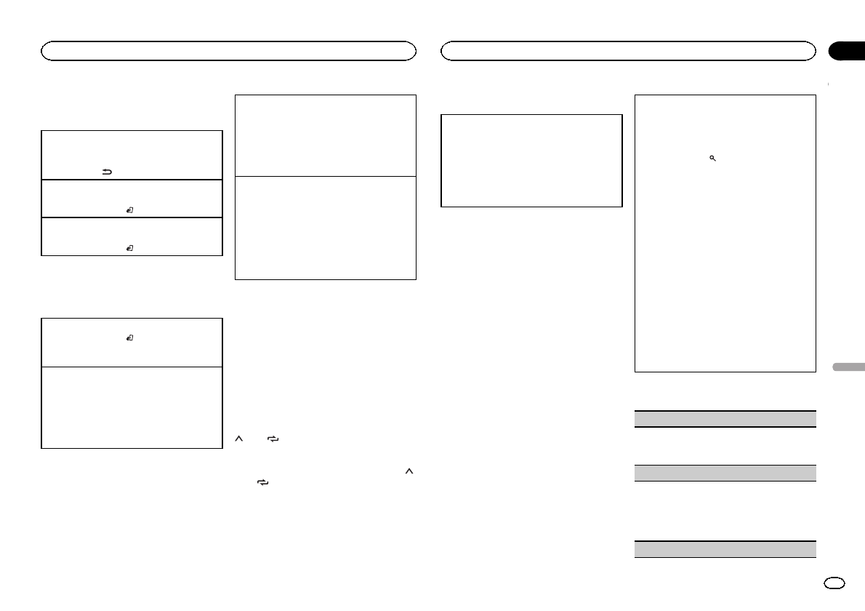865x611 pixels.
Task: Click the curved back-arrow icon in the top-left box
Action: click(x=106, y=172)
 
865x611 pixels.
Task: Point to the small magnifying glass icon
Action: click(x=713, y=158)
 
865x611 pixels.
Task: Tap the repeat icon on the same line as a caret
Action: click(x=273, y=439)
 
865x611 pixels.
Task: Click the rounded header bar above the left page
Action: click(x=228, y=50)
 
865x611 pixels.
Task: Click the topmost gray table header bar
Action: click(x=725, y=419)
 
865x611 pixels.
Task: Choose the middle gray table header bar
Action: click(x=725, y=473)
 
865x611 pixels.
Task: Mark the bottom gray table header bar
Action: click(x=725, y=548)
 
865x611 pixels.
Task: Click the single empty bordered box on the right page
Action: click(x=532, y=161)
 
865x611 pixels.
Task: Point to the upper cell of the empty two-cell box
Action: click(x=326, y=135)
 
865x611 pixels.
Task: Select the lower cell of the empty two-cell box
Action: click(x=326, y=228)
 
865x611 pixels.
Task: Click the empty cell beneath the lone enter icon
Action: click(x=132, y=407)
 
